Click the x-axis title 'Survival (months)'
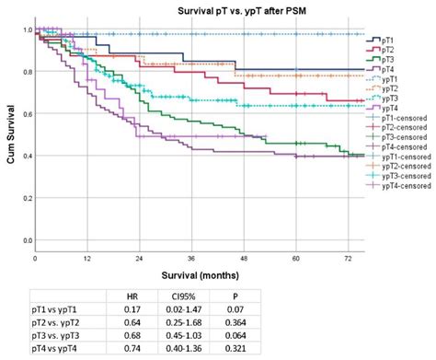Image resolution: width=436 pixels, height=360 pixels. tap(192, 274)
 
